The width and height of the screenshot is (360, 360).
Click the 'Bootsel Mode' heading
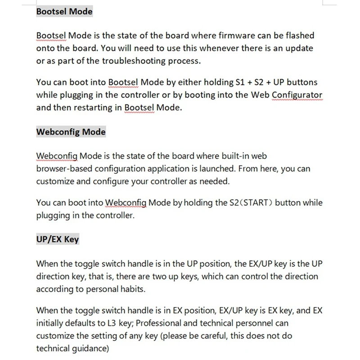point(64,11)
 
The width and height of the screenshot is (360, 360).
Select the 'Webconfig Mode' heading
point(71,132)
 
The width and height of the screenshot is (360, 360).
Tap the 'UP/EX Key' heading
point(57,239)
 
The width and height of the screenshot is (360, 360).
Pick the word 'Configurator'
point(297,95)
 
